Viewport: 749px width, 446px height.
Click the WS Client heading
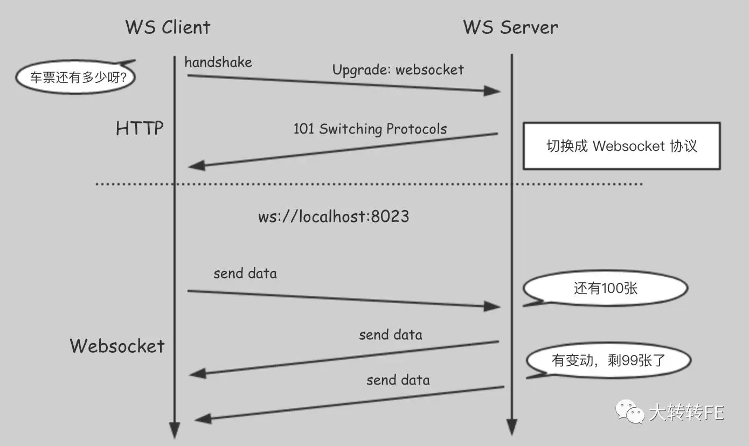coord(168,27)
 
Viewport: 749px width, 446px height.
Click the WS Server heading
coord(510,27)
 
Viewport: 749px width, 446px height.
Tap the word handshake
coord(218,62)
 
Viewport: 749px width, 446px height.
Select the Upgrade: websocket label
coord(398,70)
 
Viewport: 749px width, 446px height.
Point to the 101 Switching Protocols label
coord(370,129)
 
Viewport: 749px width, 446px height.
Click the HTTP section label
coord(140,128)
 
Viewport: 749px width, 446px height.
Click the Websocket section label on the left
coord(117,346)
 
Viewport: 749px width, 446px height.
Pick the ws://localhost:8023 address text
coord(334,217)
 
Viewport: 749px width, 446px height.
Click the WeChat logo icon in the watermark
coord(630,412)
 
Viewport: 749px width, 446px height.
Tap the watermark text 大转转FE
coord(686,412)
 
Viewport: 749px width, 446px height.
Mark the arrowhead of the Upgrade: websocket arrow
coord(492,90)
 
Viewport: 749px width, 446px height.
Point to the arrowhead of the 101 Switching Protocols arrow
coord(197,165)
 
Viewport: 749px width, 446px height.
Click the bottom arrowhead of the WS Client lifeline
coord(175,430)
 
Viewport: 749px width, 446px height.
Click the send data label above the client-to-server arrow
coord(245,274)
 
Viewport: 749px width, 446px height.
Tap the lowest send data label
coord(398,380)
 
